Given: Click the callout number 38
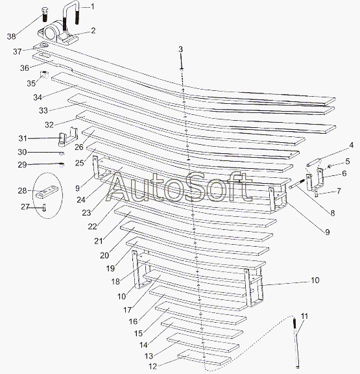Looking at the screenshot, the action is click(x=11, y=36).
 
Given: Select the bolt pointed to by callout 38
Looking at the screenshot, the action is click(x=45, y=14).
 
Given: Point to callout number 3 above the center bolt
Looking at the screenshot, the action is click(x=180, y=49).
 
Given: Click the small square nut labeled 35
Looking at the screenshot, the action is click(x=44, y=75).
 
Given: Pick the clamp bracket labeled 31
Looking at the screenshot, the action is click(x=67, y=137).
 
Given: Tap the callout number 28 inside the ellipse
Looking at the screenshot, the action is click(x=22, y=191).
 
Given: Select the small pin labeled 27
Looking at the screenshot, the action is click(x=44, y=207).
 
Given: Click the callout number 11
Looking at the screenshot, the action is click(x=304, y=316).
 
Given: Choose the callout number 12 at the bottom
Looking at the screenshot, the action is click(x=152, y=366).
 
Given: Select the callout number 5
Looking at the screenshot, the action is click(x=348, y=162).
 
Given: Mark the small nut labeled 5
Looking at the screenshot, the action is click(x=330, y=166).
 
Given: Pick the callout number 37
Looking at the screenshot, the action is click(x=17, y=51).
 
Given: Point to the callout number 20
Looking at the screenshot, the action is click(x=104, y=255).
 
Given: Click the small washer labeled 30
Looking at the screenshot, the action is click(x=62, y=153).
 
